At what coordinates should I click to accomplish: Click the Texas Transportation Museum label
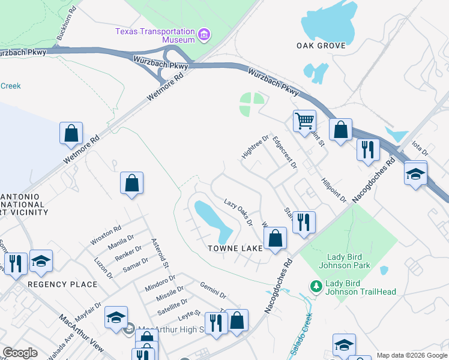pyautogui.click(x=155, y=35)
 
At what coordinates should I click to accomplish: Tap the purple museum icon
pyautogui.click(x=204, y=34)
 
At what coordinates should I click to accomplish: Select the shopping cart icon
pyautogui.click(x=304, y=121)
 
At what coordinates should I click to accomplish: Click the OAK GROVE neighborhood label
pyautogui.click(x=321, y=46)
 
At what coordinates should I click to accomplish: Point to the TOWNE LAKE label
pyautogui.click(x=235, y=248)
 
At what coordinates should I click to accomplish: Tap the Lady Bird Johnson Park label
pyautogui.click(x=348, y=261)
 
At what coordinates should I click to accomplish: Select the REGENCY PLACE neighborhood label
pyautogui.click(x=62, y=284)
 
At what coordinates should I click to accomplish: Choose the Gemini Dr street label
pyautogui.click(x=213, y=291)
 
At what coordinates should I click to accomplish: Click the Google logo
pyautogui.click(x=20, y=353)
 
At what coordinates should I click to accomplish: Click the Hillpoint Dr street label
pyautogui.click(x=334, y=190)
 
